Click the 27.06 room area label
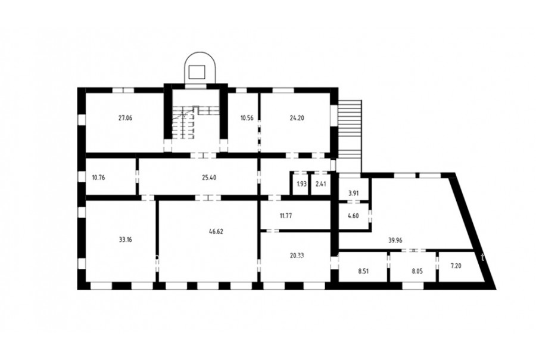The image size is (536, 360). (125, 118)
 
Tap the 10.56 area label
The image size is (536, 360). (247, 118)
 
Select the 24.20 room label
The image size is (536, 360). (297, 118)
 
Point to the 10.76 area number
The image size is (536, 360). (99, 178)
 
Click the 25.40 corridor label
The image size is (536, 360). (209, 178)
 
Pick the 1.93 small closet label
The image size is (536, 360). (301, 184)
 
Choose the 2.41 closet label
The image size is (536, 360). (320, 184)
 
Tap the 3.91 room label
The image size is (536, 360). (353, 193)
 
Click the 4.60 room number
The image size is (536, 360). (353, 216)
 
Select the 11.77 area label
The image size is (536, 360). (286, 216)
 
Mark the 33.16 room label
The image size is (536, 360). (125, 240)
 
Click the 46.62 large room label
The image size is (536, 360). (216, 231)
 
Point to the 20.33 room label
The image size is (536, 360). (297, 256)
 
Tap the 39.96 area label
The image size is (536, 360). (395, 240)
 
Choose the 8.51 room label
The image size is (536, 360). (364, 271)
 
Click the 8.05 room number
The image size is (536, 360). (417, 271)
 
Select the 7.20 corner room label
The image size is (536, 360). (456, 266)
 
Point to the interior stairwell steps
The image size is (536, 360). (183, 123)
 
